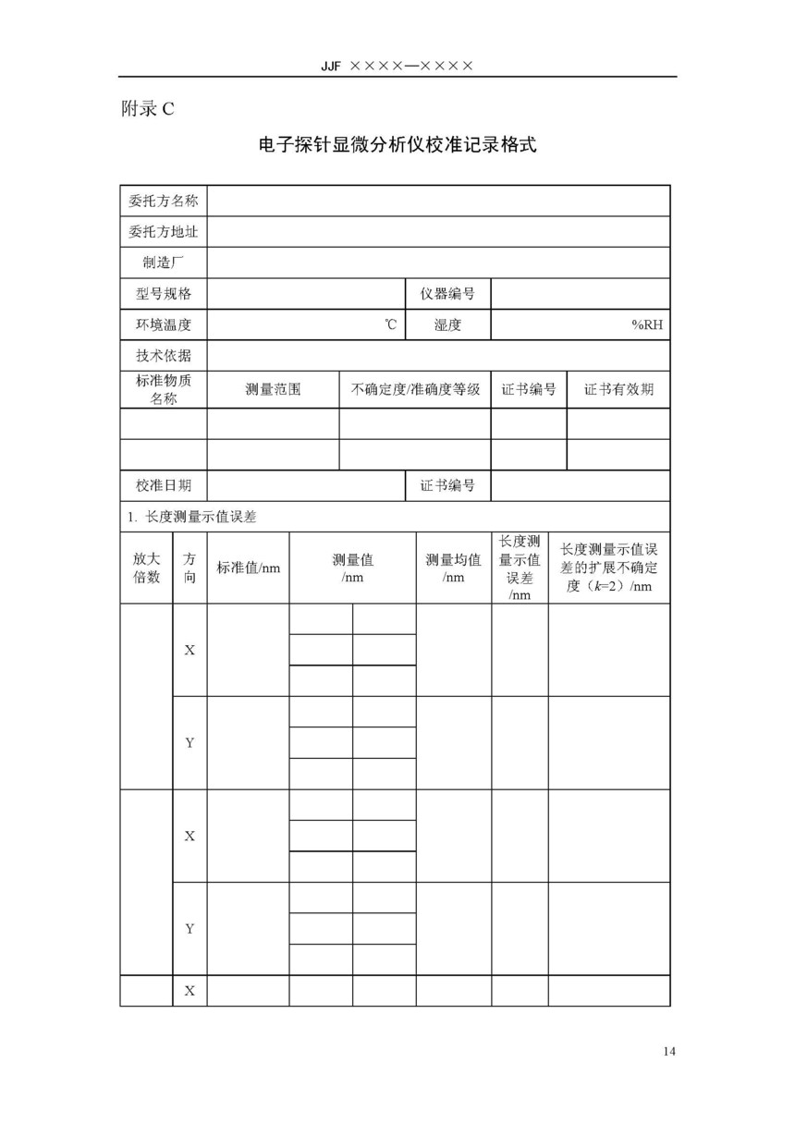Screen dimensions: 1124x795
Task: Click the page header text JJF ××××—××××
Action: tap(397, 66)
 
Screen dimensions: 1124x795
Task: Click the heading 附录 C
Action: tap(147, 109)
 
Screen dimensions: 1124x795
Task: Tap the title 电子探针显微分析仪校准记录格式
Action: tap(397, 145)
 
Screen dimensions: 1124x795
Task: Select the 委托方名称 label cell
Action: tap(164, 201)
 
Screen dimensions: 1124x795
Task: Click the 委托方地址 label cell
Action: tap(164, 231)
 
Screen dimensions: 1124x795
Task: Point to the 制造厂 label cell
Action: tap(164, 262)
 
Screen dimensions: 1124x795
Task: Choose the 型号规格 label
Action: tap(164, 294)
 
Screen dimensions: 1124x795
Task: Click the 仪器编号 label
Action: tap(447, 294)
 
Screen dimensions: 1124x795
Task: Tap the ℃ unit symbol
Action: tap(391, 324)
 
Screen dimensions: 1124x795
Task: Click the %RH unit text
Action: tap(647, 324)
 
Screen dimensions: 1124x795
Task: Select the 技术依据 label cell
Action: tap(164, 356)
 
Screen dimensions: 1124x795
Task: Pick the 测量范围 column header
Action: tap(273, 389)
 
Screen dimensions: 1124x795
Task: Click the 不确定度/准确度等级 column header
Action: tap(415, 389)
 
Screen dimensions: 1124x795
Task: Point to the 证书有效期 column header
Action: tap(618, 389)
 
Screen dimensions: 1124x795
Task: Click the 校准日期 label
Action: tap(164, 485)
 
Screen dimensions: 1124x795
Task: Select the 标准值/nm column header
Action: tap(248, 568)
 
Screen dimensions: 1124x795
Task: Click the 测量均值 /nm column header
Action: tap(453, 568)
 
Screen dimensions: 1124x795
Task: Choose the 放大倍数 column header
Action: tap(147, 568)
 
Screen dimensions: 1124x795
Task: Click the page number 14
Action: tap(669, 1051)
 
